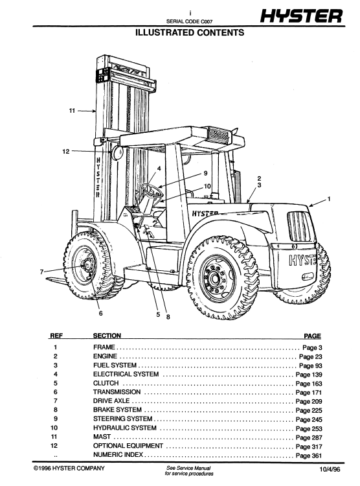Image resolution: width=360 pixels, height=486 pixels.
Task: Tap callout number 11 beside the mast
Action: (x=73, y=111)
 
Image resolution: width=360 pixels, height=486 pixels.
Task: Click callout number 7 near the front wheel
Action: (x=43, y=272)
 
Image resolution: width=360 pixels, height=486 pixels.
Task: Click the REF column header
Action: (x=56, y=336)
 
